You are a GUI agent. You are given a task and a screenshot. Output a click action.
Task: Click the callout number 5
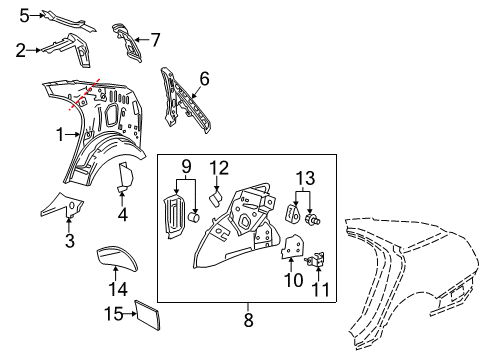tap(24, 15)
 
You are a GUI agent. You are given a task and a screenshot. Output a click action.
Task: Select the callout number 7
tap(155, 40)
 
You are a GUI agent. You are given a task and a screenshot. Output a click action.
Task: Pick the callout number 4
tap(122, 213)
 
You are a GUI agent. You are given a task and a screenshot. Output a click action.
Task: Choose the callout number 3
tap(69, 240)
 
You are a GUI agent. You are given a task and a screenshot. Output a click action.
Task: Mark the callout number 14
tap(118, 289)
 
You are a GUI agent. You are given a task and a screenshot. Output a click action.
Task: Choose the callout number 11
tap(321, 291)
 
